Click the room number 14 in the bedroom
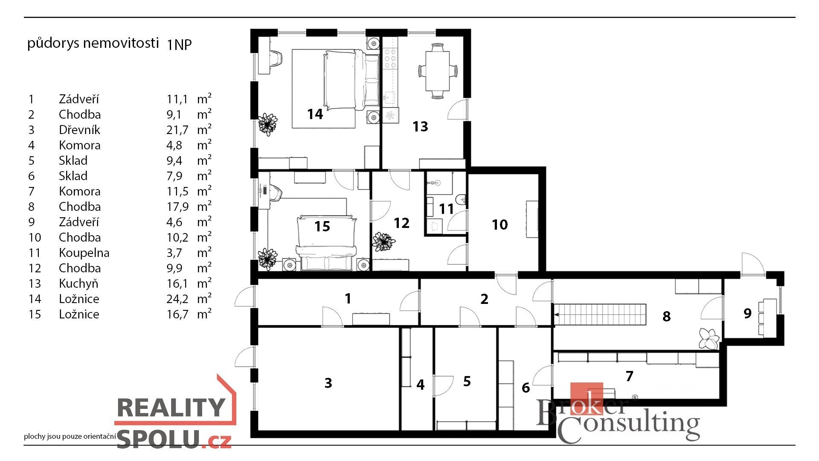(315, 114)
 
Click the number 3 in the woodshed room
(328, 383)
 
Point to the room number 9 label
(747, 313)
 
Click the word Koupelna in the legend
(84, 253)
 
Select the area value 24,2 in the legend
(177, 299)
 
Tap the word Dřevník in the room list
(79, 130)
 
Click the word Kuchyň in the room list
(78, 283)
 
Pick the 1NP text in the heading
(179, 44)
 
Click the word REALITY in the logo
(171, 407)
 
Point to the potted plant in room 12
(383, 242)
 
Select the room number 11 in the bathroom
(446, 209)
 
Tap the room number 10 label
(500, 225)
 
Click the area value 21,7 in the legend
(177, 130)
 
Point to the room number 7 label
(629, 376)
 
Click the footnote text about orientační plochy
(70, 436)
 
